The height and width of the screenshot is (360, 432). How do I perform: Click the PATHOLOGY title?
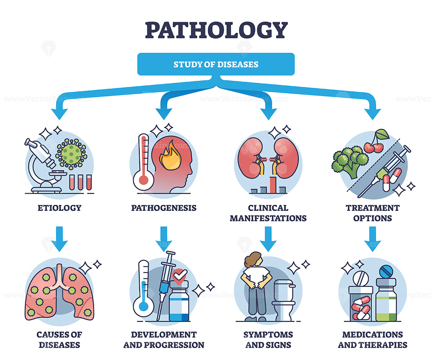pos(216,30)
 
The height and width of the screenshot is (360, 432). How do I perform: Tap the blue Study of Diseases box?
pos(216,64)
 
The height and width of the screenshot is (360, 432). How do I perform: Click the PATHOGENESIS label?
pos(164,208)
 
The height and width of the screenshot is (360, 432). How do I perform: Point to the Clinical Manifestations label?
pos(268,213)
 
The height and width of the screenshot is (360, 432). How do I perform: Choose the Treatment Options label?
pos(372,213)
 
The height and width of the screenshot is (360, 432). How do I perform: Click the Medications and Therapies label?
pos(372,340)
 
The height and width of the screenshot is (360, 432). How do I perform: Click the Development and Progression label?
pos(164,340)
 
